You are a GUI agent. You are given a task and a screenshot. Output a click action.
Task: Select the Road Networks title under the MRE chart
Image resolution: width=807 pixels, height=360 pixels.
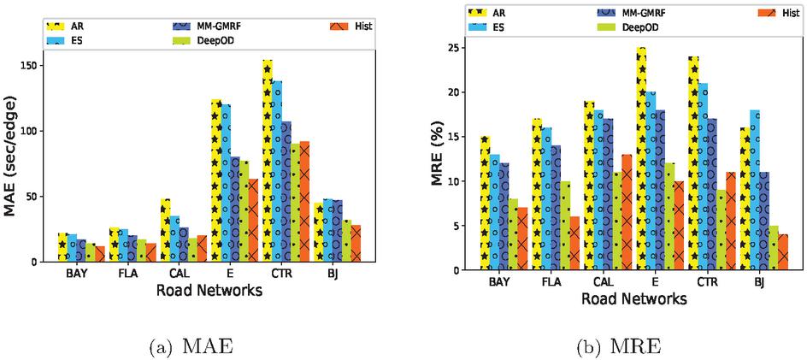click(x=633, y=299)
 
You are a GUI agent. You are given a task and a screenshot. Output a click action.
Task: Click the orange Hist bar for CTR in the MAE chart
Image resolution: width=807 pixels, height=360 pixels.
click(x=304, y=201)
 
